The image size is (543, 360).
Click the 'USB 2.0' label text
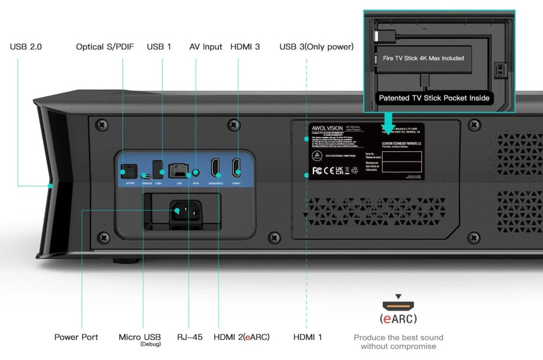point(26,47)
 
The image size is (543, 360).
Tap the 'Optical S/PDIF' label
point(105,47)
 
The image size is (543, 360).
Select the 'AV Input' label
point(205,47)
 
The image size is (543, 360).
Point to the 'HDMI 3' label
point(245,47)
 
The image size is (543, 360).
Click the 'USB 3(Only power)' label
point(316,47)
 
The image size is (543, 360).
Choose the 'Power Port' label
point(76,337)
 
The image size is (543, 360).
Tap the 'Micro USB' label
point(139,337)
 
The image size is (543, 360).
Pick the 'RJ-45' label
point(190,337)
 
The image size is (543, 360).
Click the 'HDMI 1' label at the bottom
point(308,337)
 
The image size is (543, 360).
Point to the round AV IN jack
point(196,172)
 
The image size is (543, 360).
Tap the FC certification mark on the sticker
point(317,170)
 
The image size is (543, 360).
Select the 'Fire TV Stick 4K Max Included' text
point(423,58)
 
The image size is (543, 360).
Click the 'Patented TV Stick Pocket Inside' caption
point(434,98)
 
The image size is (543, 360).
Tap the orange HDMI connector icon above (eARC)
point(398,305)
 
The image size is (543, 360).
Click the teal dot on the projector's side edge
point(50,186)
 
